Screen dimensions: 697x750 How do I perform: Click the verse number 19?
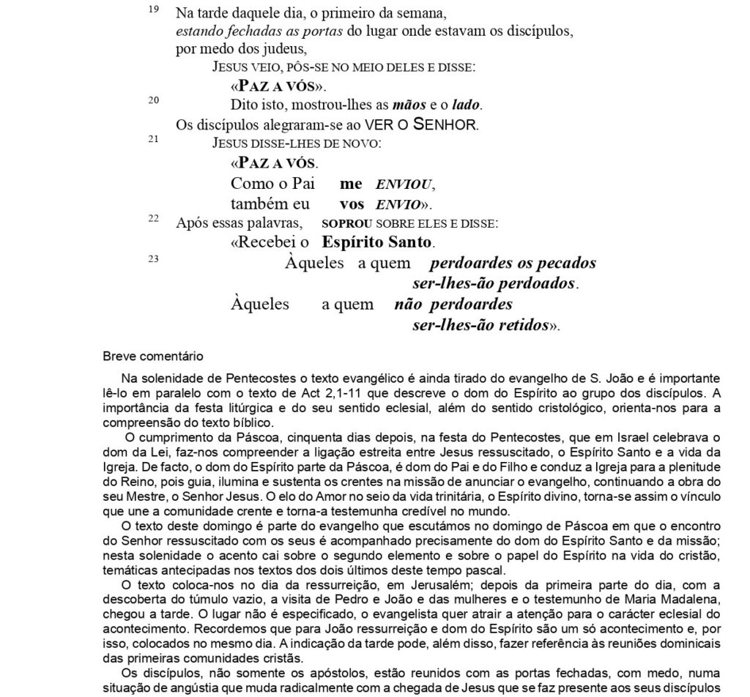(x=152, y=10)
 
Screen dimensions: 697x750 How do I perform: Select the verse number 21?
(x=152, y=138)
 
